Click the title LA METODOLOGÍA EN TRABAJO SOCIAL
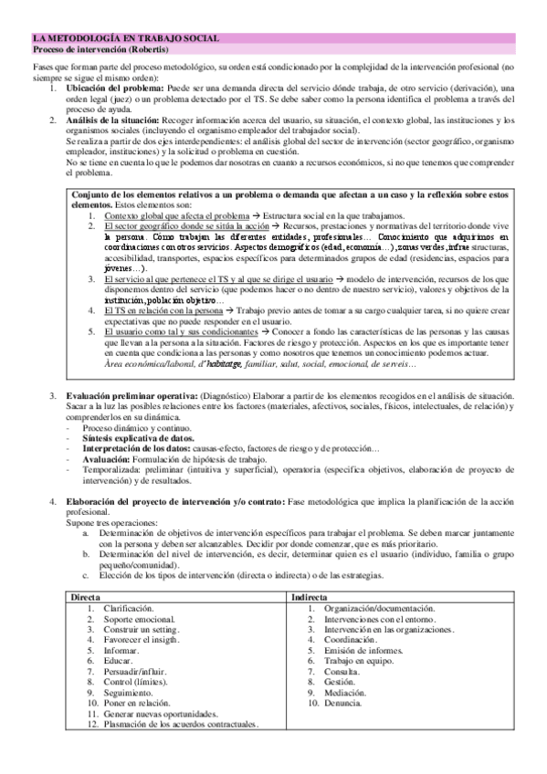124,38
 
